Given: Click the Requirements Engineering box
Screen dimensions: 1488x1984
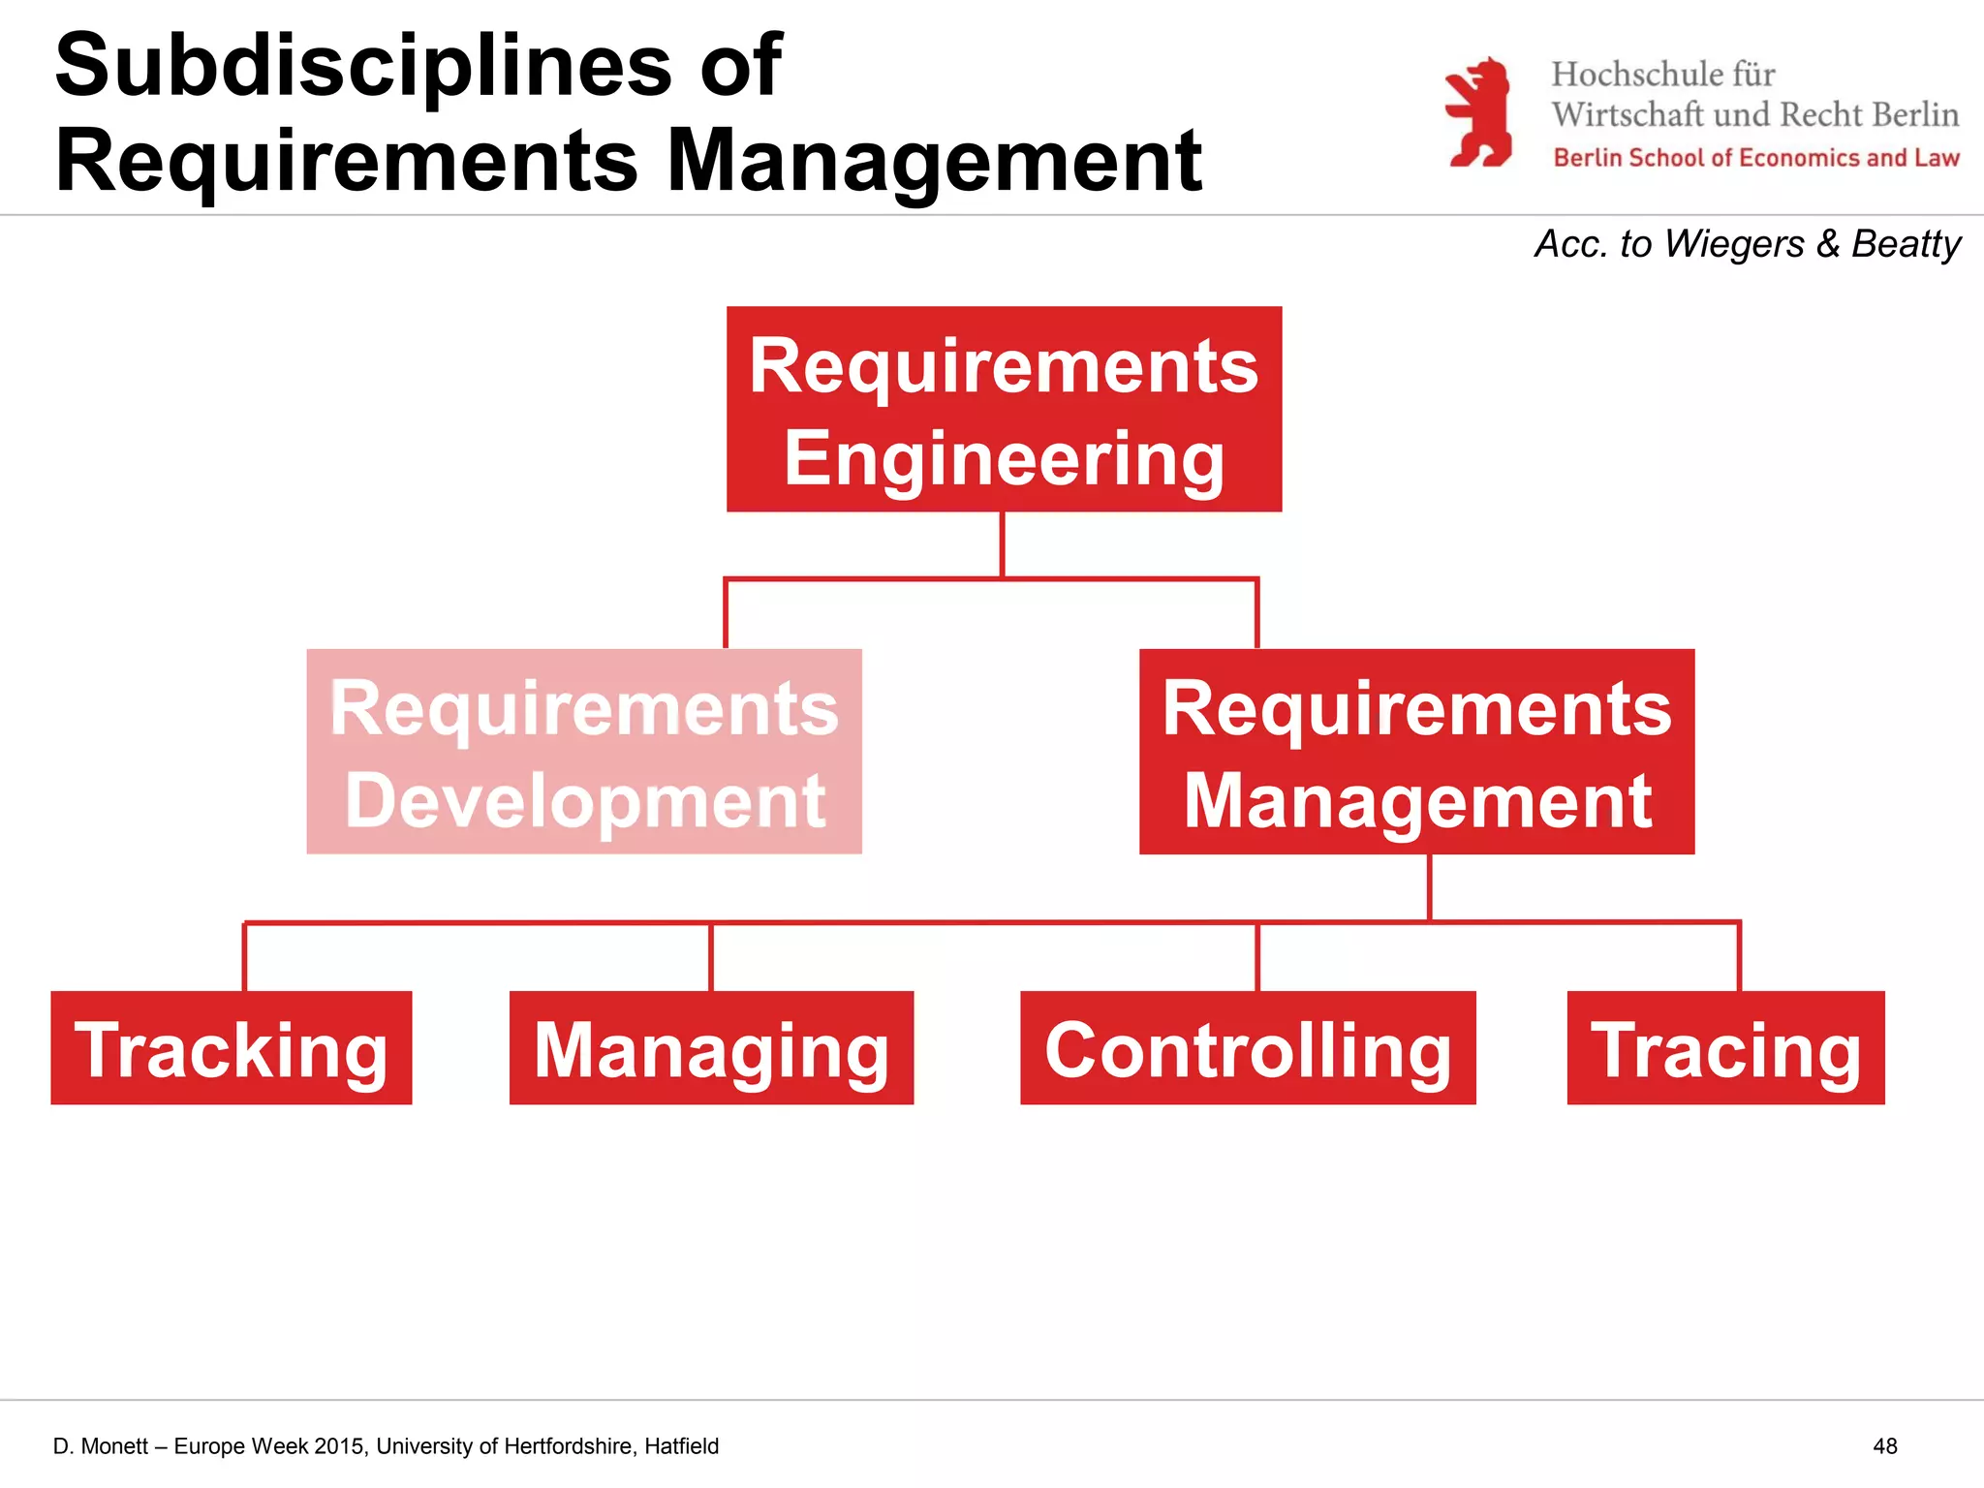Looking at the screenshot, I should point(1004,409).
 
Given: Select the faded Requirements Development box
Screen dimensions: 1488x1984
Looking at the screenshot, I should point(584,752).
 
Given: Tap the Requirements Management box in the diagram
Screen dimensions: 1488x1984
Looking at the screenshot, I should point(1416,752).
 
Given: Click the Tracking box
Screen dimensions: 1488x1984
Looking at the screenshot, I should point(232,1048).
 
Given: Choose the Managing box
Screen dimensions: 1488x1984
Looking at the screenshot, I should point(711,1048).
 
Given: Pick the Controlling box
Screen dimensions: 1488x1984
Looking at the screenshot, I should point(1248,1048).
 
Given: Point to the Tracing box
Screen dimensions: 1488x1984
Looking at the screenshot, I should point(1725,1048).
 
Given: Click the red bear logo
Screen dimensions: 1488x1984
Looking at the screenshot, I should point(1479,112).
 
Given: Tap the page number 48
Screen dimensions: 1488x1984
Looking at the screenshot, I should point(1885,1446).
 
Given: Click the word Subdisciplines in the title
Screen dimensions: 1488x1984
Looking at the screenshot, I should point(363,66).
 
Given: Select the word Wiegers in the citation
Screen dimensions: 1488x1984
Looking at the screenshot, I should point(1734,244).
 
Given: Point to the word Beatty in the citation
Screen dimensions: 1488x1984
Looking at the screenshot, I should point(1906,244).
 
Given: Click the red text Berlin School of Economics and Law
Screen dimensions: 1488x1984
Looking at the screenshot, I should point(1756,158).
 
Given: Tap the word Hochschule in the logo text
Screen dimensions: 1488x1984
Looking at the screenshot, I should point(1637,75).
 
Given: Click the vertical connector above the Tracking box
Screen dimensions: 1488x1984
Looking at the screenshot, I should point(244,957).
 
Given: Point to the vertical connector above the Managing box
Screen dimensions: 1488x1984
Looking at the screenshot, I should point(711,957).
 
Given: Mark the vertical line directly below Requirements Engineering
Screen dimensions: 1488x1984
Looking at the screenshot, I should point(1002,544).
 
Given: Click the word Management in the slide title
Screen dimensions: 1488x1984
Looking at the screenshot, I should point(935,161).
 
